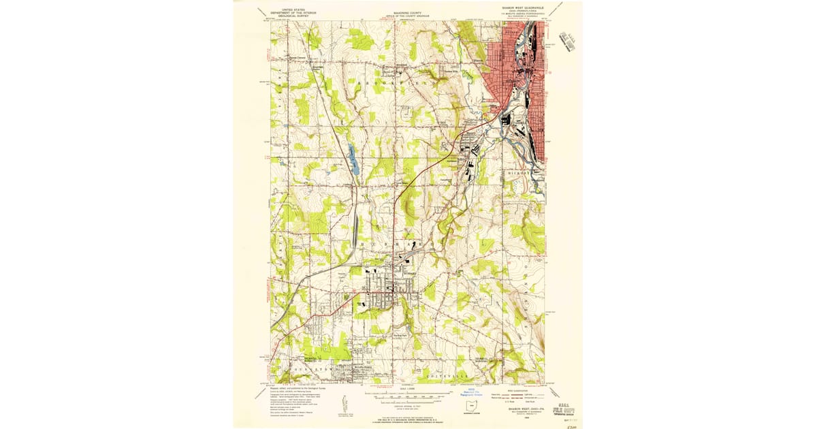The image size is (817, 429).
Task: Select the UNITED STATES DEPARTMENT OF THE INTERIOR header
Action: pyautogui.click(x=291, y=11)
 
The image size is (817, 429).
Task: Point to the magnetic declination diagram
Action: pyautogui.click(x=343, y=402)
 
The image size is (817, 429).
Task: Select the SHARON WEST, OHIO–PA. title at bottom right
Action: pyautogui.click(x=522, y=411)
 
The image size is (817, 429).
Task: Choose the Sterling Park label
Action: pyautogui.click(x=400, y=334)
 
